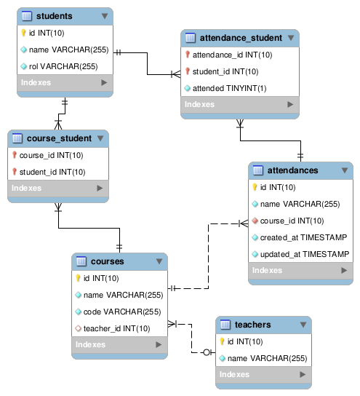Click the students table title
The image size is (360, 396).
click(x=55, y=16)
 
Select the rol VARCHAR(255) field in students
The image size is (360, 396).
click(x=63, y=66)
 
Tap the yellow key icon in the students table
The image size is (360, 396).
click(x=23, y=33)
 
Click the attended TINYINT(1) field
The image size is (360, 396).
click(x=229, y=88)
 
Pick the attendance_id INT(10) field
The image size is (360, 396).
click(x=232, y=55)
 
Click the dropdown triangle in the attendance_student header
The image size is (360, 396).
click(x=291, y=38)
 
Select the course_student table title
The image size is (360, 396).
click(x=59, y=138)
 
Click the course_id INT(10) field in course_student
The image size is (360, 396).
click(x=51, y=155)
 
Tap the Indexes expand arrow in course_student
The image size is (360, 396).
click(x=100, y=188)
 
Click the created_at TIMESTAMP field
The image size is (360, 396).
click(x=303, y=237)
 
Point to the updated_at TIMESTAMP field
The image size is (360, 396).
click(x=305, y=254)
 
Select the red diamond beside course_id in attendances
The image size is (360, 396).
click(x=255, y=221)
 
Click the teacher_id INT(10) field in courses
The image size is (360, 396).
click(x=117, y=328)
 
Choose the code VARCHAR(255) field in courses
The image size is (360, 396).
click(x=122, y=312)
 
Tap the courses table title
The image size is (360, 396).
click(x=107, y=261)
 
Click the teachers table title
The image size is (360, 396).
click(x=252, y=325)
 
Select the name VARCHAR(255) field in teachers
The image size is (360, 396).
click(x=267, y=358)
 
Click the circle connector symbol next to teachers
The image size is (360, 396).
click(x=207, y=352)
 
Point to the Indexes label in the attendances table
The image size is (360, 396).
click(x=267, y=271)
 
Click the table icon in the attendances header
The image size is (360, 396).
click(x=258, y=170)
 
